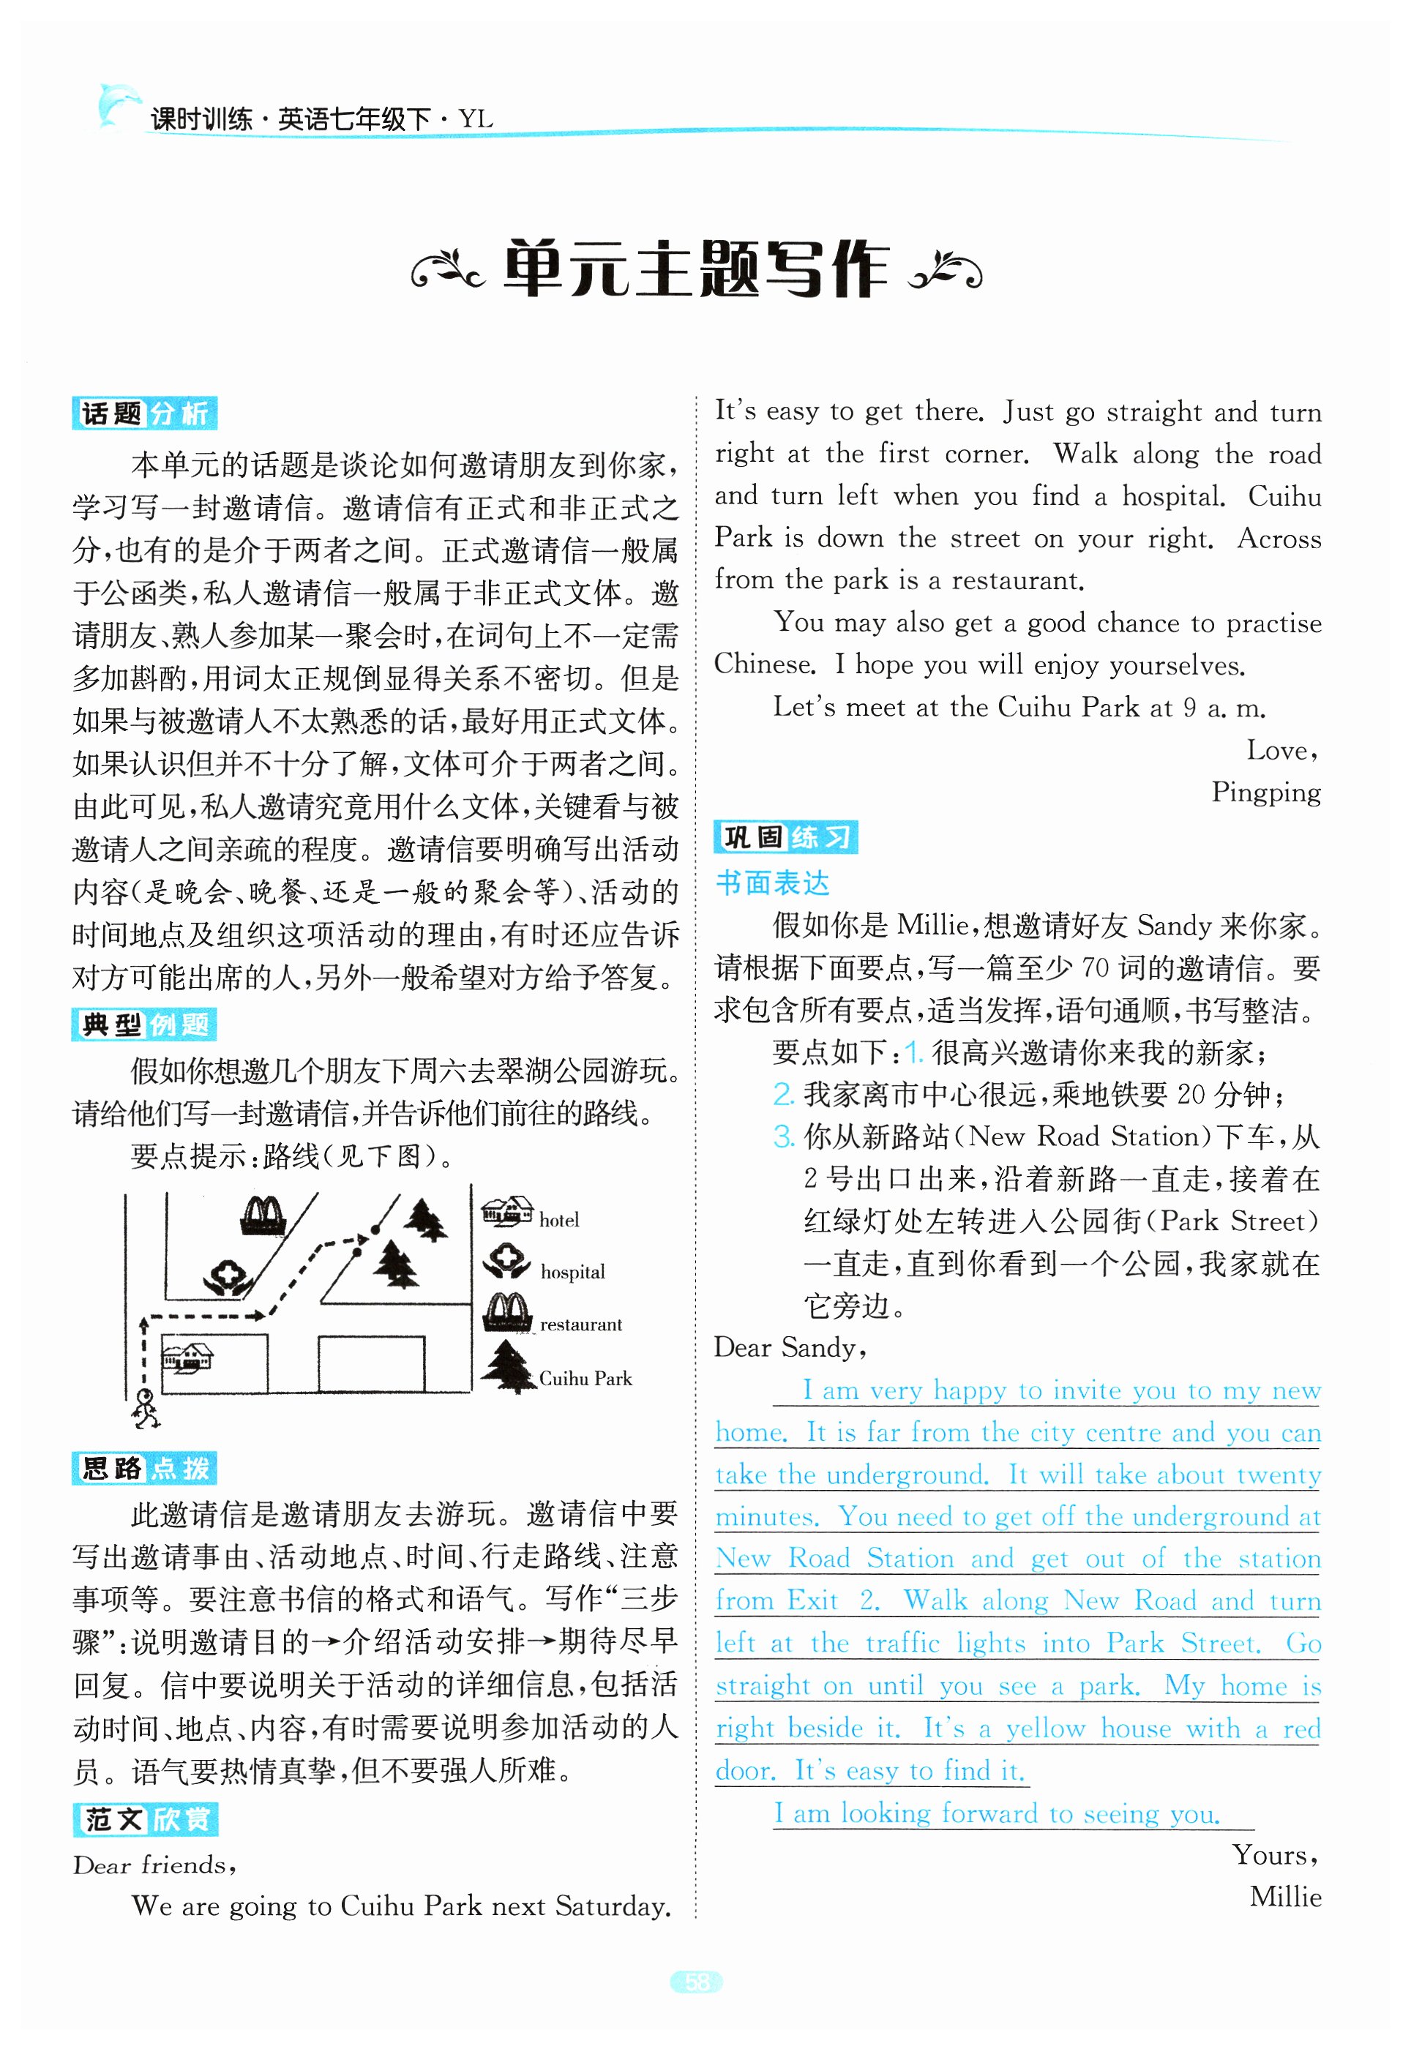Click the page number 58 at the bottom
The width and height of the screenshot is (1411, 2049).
697,1982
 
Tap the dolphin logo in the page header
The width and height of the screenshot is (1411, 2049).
119,105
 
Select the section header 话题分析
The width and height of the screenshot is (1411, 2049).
144,413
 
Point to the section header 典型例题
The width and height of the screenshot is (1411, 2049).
144,1024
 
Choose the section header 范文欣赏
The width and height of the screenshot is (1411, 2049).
144,1819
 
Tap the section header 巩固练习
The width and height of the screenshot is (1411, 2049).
785,837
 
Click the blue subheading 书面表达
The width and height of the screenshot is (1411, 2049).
772,883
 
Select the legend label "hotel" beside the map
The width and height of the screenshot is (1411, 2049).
558,1221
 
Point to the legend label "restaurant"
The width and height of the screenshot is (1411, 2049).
581,1324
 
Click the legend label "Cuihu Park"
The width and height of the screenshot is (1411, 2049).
585,1378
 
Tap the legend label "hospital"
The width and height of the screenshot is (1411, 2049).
573,1272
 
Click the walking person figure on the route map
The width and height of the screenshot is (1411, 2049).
145,1408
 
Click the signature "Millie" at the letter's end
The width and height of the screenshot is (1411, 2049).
1284,1897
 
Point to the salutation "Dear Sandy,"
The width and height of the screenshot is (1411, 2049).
790,1348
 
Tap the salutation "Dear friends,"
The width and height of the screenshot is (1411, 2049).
154,1865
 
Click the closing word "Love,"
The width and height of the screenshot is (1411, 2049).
1282,751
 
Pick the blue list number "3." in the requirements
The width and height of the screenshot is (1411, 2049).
783,1136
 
